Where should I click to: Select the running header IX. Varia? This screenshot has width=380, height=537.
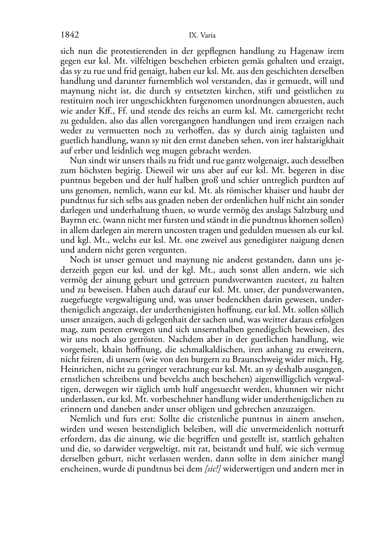point(202,36)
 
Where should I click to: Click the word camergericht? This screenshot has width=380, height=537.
point(304,111)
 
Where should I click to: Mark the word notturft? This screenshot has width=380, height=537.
point(329,428)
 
